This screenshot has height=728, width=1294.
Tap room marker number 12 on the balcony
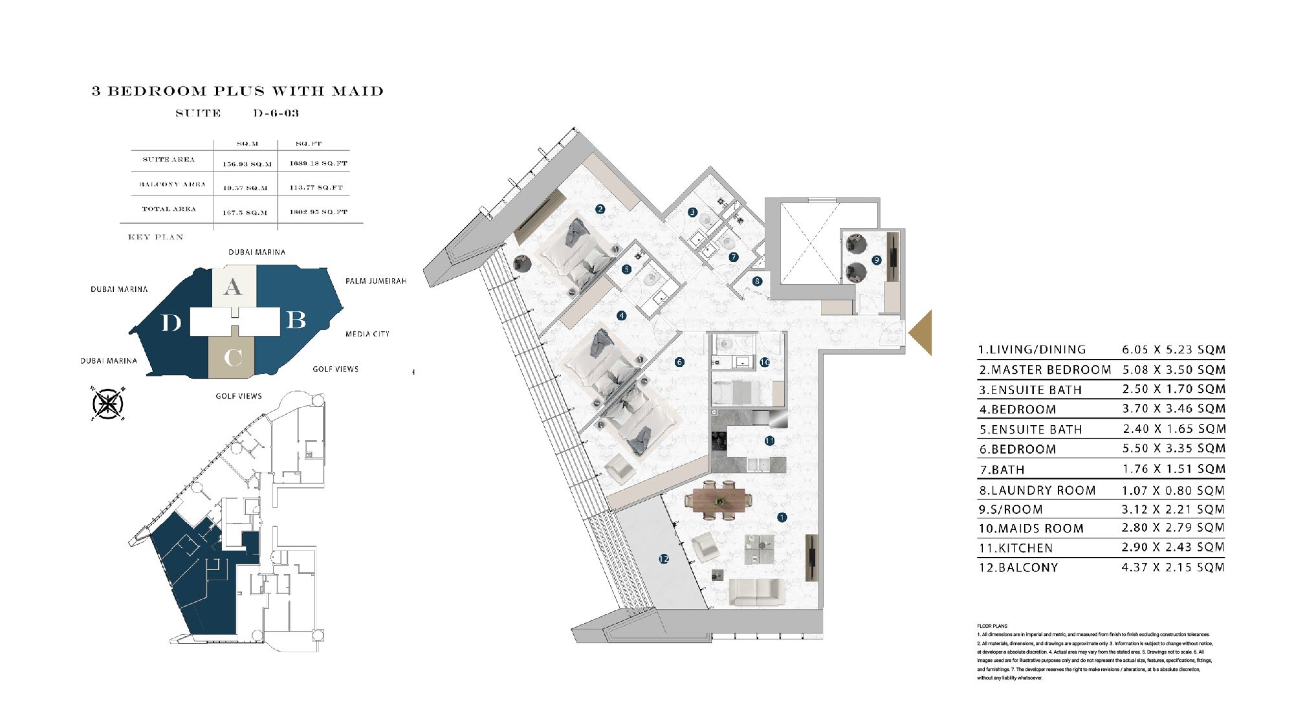(x=664, y=558)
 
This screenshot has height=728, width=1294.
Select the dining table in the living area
(x=719, y=500)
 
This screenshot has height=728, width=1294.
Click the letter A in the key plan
(x=233, y=287)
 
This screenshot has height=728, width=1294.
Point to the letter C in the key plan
(x=233, y=357)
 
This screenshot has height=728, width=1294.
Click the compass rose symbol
(x=108, y=404)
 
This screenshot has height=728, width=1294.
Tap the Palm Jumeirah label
(x=375, y=281)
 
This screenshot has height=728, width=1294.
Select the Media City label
(x=367, y=334)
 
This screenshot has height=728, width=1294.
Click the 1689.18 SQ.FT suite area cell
(x=318, y=163)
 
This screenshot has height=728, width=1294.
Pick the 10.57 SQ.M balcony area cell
(x=245, y=188)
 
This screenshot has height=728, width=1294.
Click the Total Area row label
(x=169, y=209)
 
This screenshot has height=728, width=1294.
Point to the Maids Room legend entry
(x=1031, y=529)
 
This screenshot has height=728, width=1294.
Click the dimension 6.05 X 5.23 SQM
(x=1173, y=349)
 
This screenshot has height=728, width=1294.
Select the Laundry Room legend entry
(x=1037, y=491)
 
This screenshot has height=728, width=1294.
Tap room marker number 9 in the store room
(x=877, y=259)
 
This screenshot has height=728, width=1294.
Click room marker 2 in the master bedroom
(x=600, y=208)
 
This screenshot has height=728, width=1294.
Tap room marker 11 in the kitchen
(x=769, y=441)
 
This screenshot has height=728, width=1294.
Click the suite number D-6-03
(x=276, y=113)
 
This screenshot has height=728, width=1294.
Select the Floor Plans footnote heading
(x=992, y=626)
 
